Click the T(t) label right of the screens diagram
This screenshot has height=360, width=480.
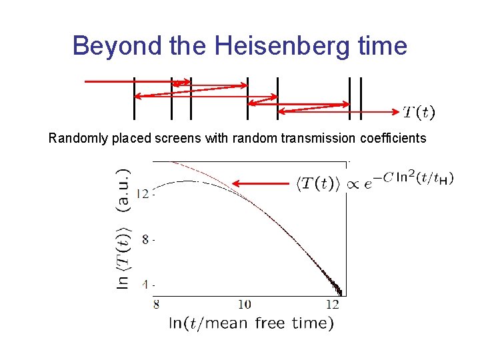419,113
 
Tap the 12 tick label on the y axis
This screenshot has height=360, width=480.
142,194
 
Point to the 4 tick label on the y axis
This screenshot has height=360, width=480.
144,284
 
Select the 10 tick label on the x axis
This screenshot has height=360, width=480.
244,305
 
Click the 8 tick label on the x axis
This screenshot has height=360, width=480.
156,305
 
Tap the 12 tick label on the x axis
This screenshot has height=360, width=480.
333,305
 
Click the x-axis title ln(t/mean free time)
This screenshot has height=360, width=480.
251,323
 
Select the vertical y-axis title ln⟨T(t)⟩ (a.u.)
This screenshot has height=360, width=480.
124,227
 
